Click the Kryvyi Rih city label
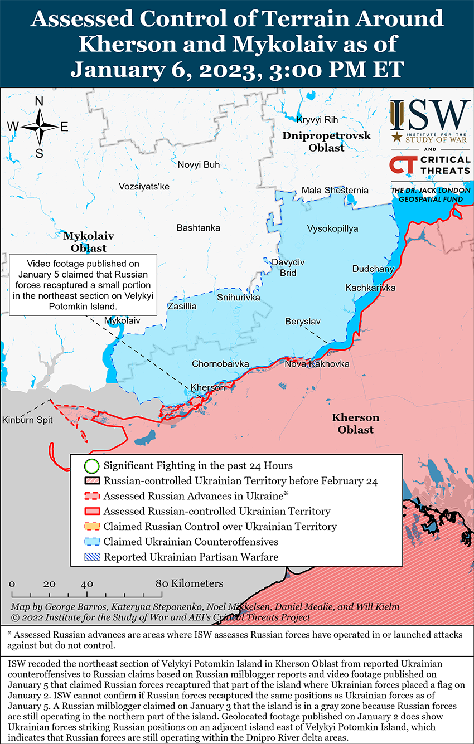(317, 120)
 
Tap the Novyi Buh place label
(199, 164)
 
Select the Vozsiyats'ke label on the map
(144, 186)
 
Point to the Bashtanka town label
(198, 227)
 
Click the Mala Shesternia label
(335, 190)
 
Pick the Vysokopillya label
(332, 228)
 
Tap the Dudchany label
(373, 269)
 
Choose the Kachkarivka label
(370, 288)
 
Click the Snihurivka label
(238, 298)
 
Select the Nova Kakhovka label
(317, 364)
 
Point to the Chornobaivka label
(220, 364)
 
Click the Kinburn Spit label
(27, 420)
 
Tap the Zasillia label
(182, 306)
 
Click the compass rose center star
(40, 127)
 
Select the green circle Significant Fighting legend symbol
(92, 465)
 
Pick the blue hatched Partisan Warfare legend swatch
(92, 557)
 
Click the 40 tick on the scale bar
(86, 584)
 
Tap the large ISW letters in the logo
(430, 115)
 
